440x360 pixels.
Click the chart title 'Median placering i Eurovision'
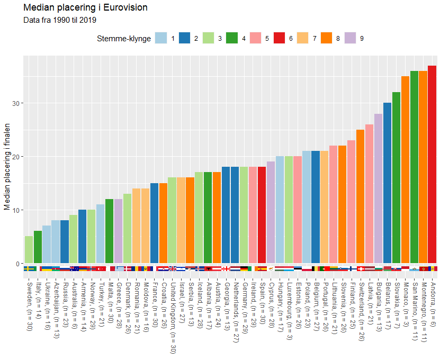tap(85, 8)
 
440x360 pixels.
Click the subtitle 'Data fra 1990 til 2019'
tap(60, 21)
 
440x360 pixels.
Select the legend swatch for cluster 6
tap(280, 39)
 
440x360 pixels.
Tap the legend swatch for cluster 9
tap(351, 39)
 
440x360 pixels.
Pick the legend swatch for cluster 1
tap(161, 39)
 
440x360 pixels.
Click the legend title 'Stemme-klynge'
tap(123, 39)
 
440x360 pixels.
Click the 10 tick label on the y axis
tap(15, 210)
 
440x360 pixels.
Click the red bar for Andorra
tap(432, 164)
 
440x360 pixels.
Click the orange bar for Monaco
tap(405, 169)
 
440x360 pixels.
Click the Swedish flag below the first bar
tap(29, 269)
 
